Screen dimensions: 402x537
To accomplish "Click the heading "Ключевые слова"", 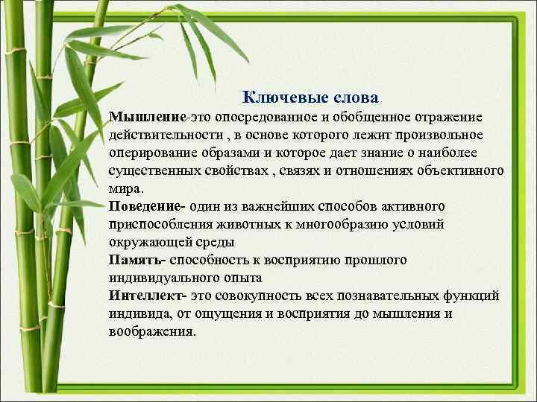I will (x=310, y=98).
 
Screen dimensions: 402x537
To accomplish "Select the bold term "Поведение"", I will (x=147, y=206).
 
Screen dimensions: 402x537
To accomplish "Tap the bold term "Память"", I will (x=136, y=260).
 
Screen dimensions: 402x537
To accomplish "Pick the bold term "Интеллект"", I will (x=147, y=296).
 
